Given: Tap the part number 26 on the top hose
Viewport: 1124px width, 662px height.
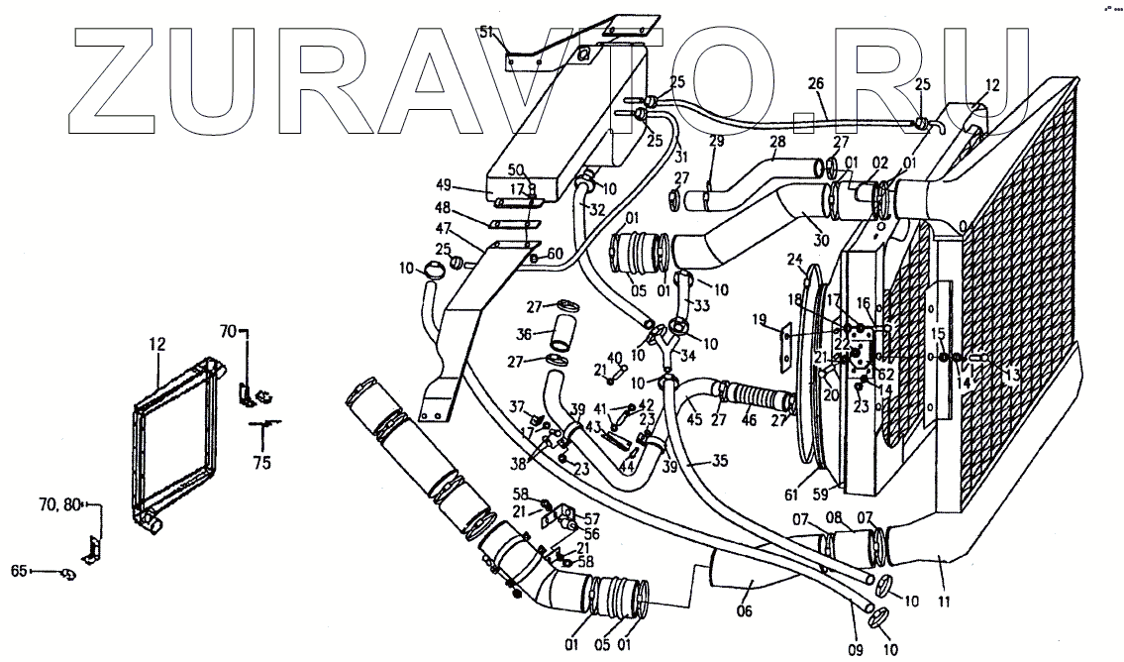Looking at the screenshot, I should pyautogui.click(x=815, y=83).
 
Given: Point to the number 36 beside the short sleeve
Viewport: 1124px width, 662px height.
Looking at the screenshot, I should pyautogui.click(x=524, y=334).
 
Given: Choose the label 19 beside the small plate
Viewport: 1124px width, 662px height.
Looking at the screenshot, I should pyautogui.click(x=761, y=319).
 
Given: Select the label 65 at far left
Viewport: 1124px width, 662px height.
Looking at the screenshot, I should pyautogui.click(x=18, y=571).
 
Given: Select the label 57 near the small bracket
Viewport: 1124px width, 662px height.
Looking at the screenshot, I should pyautogui.click(x=591, y=518).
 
